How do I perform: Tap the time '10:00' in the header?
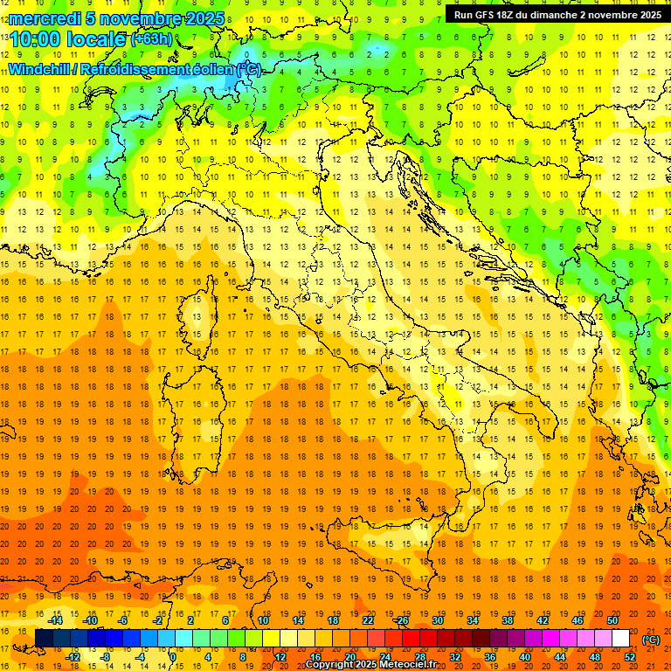[x=34, y=38]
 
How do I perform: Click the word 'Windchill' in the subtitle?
[x=41, y=70]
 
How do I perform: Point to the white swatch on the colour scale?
[x=620, y=639]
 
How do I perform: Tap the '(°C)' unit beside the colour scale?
[x=650, y=640]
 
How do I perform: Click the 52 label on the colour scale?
[x=631, y=657]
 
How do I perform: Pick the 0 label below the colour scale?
[x=172, y=657]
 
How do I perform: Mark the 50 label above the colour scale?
[x=612, y=620]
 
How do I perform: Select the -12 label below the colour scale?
[x=73, y=657]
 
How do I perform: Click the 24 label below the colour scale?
[x=384, y=657]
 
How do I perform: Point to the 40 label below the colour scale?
[x=525, y=657]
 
